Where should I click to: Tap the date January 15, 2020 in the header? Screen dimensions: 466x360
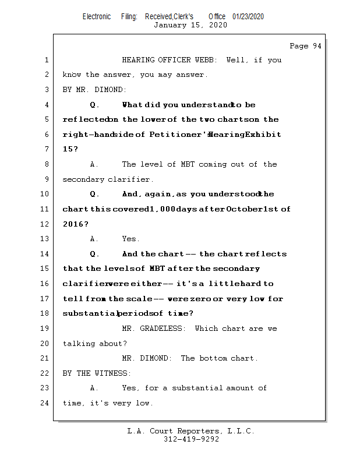[190, 25]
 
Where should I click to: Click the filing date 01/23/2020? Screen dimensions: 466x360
[248, 16]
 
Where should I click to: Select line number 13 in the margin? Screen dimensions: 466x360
[47, 239]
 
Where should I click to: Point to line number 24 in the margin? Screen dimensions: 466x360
[47, 403]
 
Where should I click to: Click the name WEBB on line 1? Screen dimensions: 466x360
[205, 59]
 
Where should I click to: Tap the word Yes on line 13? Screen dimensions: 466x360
[130, 239]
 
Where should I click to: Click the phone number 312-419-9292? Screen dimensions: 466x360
[191, 440]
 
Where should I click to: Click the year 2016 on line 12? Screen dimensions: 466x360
[73, 224]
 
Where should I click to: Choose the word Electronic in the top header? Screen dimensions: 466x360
[97, 16]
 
